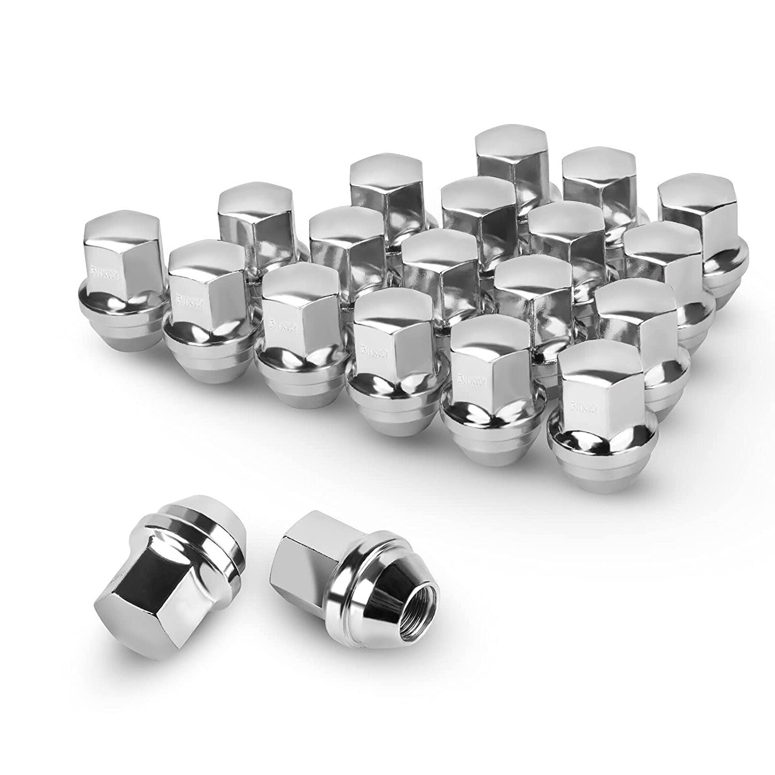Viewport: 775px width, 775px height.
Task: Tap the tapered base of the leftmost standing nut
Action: click(x=124, y=323)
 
